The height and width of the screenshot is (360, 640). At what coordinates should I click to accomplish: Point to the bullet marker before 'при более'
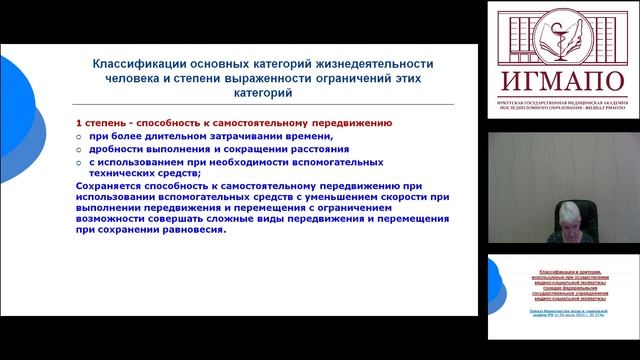click(80, 136)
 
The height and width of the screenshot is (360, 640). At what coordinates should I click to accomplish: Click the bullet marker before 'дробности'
click(80, 150)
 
